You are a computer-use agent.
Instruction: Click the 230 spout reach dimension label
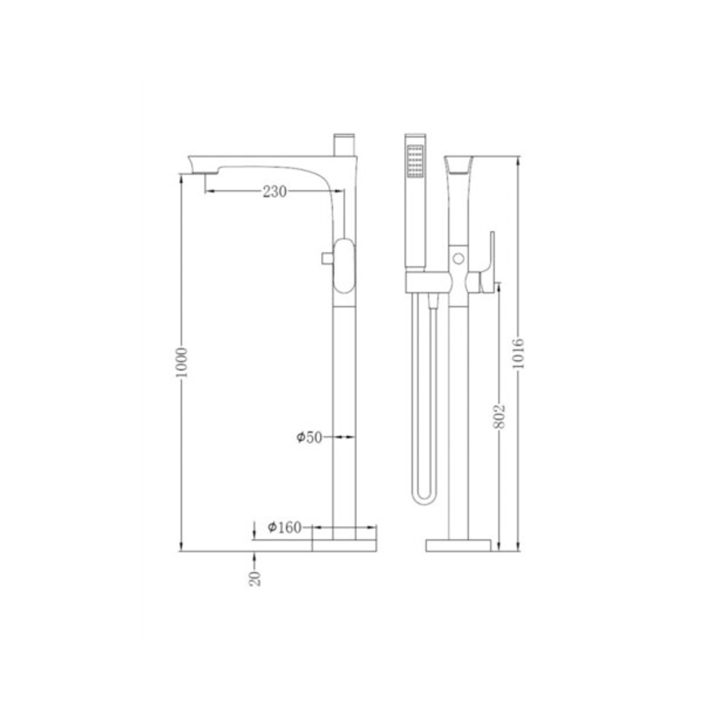(274, 191)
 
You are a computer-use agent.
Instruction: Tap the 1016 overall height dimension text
(519, 353)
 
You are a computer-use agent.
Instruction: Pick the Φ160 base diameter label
(284, 527)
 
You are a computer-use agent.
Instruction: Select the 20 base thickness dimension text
(256, 577)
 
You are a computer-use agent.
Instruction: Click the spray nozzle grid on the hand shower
(414, 161)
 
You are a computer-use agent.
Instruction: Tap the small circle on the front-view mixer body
(459, 258)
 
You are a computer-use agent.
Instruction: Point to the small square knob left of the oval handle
(326, 259)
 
